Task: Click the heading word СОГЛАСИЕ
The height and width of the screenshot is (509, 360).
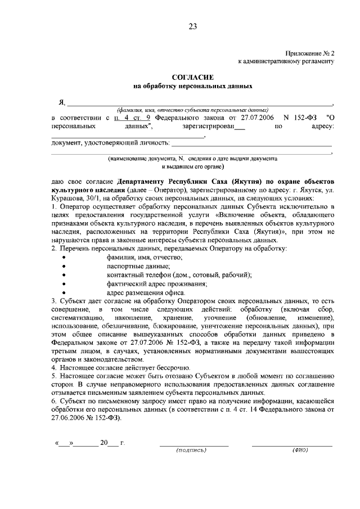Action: (192, 76)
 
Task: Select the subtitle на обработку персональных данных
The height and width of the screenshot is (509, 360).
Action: (192, 87)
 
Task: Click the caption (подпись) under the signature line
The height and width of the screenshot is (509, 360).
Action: (192, 451)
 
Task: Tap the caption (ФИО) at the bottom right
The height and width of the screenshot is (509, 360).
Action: (299, 451)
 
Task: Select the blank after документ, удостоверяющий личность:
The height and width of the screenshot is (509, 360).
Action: (250, 145)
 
